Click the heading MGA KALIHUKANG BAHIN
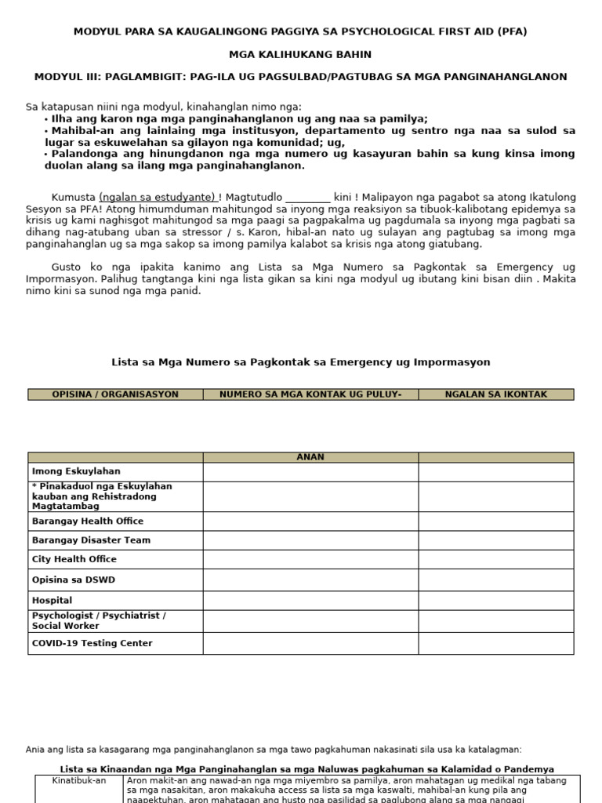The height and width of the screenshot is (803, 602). tap(300, 54)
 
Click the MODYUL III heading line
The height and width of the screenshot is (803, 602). tap(300, 77)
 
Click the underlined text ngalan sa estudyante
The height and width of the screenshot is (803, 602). tap(158, 197)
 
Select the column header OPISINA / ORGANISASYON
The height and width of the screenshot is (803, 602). tap(115, 394)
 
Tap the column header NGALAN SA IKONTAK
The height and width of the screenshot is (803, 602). tap(495, 394)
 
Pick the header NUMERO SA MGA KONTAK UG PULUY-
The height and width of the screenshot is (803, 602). tap(310, 394)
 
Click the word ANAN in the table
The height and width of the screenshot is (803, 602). tap(310, 457)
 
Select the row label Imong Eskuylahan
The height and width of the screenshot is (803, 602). tap(76, 472)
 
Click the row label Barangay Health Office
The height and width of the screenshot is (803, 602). tap(88, 521)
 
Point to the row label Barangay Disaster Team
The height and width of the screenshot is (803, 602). tap(91, 540)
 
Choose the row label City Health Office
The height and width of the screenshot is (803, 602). tap(74, 559)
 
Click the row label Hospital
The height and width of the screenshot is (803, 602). tap(52, 600)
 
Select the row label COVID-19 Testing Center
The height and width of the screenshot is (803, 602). tap(92, 643)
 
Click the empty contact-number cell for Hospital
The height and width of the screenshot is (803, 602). tap(310, 600)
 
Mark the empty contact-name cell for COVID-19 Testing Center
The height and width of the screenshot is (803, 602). tap(495, 643)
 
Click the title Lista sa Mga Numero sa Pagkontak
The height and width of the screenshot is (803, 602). tap(300, 362)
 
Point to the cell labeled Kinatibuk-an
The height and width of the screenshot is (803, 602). tap(78, 781)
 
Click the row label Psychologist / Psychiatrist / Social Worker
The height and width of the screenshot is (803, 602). tap(99, 621)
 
